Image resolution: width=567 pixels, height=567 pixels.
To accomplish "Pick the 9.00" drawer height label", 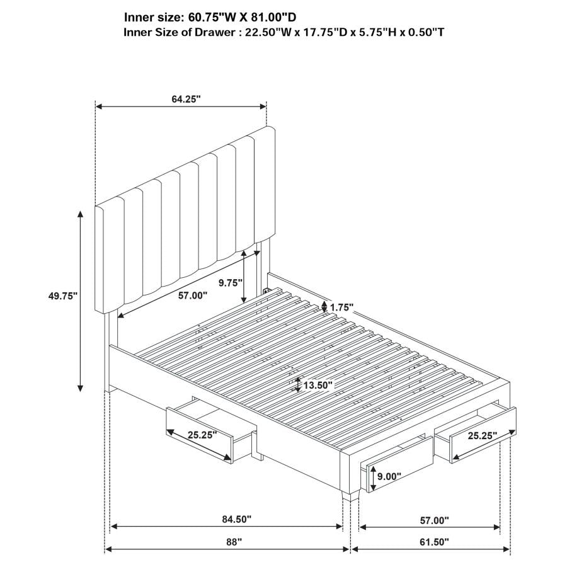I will pos(389,478).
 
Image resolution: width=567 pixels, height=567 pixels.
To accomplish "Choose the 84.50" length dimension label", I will pos(236,519).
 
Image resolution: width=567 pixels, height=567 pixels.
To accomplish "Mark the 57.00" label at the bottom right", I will pos(434,520).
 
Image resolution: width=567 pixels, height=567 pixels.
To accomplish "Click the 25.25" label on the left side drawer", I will pos(202,434).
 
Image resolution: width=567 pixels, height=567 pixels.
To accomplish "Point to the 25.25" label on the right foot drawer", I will pos(482,435).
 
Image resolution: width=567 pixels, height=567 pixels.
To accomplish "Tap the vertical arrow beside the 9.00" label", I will pos(371,478).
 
